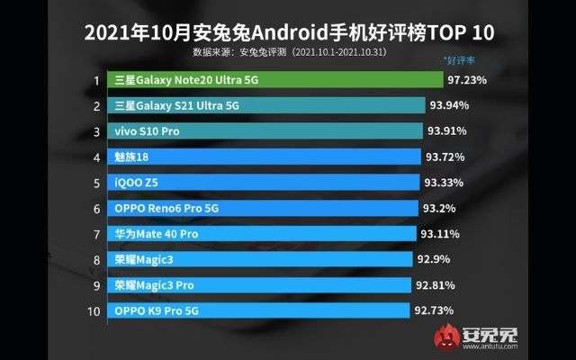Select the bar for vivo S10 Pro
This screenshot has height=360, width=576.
(265, 131)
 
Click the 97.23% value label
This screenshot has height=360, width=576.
(467, 80)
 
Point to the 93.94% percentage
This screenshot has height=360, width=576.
(450, 105)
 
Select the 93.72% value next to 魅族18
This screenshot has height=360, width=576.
(447, 157)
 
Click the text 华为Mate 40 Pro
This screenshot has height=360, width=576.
(156, 234)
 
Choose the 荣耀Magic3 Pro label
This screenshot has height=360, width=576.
(154, 285)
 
